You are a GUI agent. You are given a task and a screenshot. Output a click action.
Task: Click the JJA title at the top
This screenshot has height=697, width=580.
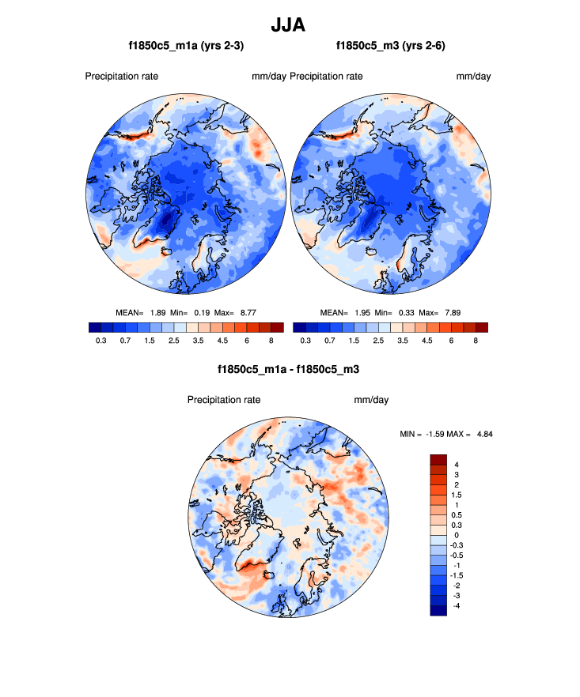click(289, 24)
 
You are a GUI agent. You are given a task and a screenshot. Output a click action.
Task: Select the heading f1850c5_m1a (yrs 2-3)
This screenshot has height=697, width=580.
click(186, 47)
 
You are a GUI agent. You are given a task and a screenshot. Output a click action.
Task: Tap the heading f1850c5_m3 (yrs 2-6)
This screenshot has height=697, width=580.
click(391, 47)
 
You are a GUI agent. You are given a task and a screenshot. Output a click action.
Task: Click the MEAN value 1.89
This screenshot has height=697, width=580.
click(157, 313)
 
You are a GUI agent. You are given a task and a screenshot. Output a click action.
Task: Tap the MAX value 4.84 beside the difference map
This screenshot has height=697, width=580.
click(483, 434)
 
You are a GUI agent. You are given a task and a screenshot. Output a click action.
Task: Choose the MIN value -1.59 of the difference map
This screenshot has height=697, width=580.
click(439, 434)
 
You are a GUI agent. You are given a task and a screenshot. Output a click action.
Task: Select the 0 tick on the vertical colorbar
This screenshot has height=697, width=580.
click(456, 535)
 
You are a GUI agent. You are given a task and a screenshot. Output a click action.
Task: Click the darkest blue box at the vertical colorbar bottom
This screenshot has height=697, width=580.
click(439, 610)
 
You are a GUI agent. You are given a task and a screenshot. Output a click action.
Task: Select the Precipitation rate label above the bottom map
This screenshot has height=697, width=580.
click(224, 400)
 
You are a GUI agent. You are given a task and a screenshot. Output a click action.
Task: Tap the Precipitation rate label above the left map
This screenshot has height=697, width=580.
click(122, 77)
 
